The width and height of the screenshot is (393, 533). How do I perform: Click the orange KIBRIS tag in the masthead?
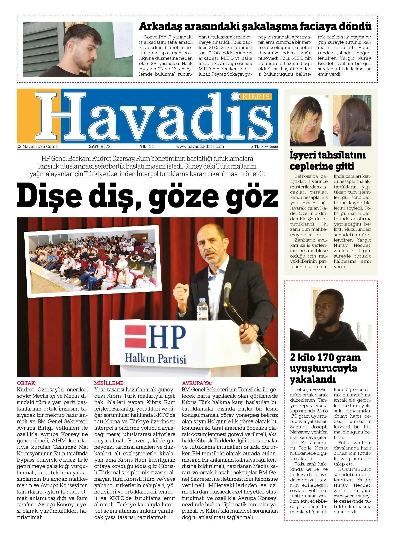point(256,97)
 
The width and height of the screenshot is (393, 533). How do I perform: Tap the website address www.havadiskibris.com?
point(200,147)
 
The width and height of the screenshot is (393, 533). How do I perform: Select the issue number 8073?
point(105,147)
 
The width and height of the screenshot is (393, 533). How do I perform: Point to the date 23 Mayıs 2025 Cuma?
point(37,147)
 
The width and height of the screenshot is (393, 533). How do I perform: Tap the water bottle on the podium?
point(202,309)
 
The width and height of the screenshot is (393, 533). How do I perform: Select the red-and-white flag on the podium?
point(135,336)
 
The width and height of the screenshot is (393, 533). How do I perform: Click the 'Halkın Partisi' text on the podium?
point(155,359)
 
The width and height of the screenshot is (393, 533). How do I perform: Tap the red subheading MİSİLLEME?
point(109,383)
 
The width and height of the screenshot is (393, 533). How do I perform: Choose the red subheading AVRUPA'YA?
point(197,383)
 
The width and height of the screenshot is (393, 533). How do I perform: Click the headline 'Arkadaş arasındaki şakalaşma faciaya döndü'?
point(255,26)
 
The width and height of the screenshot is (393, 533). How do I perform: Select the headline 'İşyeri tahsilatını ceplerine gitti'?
point(327,161)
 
